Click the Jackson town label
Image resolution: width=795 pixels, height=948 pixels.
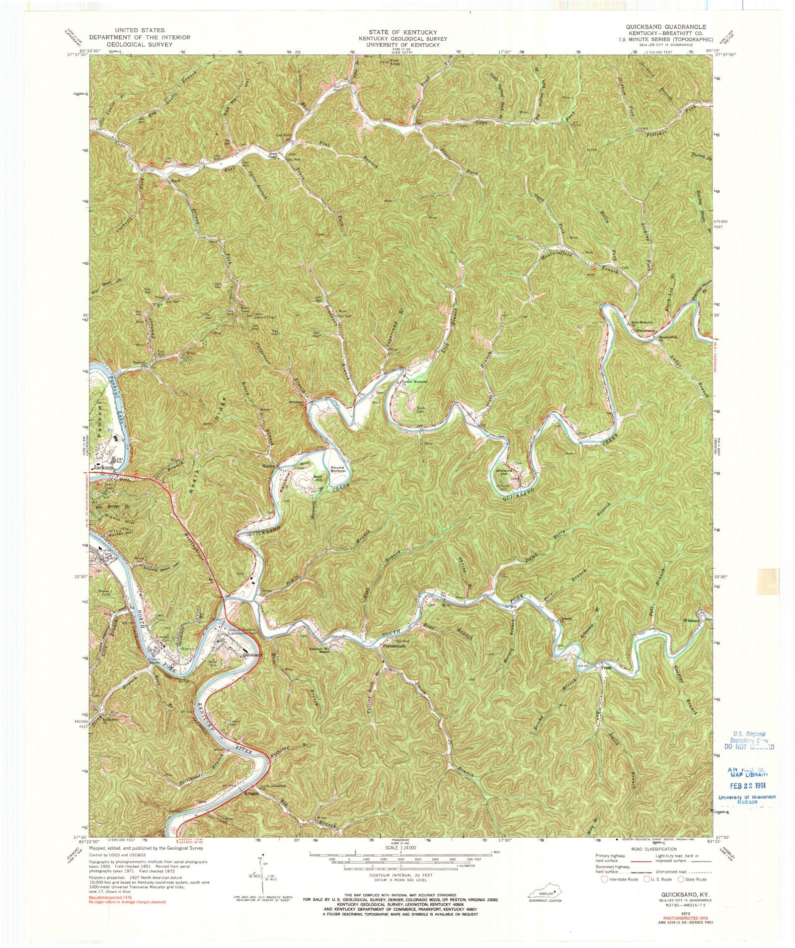click(x=104, y=467)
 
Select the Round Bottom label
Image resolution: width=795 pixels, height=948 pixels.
click(x=338, y=469)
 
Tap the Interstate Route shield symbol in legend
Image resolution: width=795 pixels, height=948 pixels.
click(x=604, y=879)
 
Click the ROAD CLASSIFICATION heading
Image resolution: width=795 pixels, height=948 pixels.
click(x=648, y=849)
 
